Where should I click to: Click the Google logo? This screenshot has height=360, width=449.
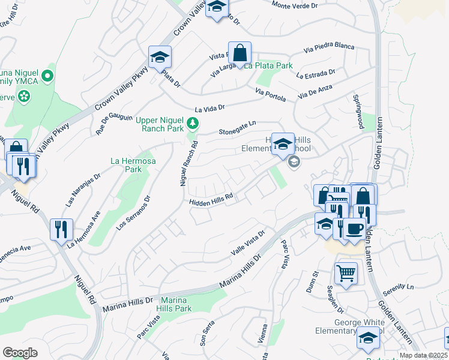point(20,353)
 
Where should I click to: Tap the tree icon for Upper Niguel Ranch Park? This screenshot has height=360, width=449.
point(192,124)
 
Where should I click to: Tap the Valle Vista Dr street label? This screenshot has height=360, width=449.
point(248,244)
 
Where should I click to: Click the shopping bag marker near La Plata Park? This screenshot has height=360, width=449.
point(240,54)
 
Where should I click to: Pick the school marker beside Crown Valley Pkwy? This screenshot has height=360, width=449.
point(160,58)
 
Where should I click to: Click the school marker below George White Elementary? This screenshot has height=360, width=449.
point(368,340)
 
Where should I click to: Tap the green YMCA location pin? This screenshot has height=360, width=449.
point(49,77)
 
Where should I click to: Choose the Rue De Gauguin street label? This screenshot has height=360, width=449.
point(114,123)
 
